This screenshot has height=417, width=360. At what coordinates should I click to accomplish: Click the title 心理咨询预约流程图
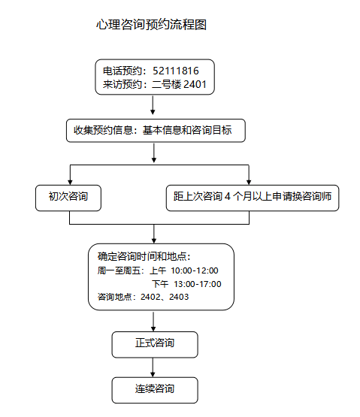tap(151, 25)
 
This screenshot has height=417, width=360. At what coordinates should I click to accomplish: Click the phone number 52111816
tap(176, 71)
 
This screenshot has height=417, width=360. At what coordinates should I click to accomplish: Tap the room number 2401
tap(195, 84)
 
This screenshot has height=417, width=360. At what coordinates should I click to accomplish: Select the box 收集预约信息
tap(156, 130)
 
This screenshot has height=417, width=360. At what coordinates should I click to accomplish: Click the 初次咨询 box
tap(68, 198)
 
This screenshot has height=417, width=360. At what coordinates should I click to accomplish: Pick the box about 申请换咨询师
tap(253, 198)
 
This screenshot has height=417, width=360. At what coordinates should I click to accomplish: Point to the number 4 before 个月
tap(227, 197)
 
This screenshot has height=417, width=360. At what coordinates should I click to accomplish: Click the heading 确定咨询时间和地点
tap(144, 257)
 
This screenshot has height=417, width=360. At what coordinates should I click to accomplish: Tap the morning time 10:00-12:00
tap(195, 270)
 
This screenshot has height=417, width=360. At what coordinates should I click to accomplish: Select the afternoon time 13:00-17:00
tap(198, 284)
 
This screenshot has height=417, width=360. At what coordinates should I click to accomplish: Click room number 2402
tap(150, 297)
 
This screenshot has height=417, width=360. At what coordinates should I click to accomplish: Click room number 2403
tap(179, 297)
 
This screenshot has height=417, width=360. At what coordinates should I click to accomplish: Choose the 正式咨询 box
tap(155, 344)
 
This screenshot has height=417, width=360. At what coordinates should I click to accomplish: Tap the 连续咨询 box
tap(155, 390)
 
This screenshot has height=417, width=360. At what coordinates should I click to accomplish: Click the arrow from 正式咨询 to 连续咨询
tap(153, 367)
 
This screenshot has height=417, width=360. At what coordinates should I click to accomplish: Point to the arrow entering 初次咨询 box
tap(70, 175)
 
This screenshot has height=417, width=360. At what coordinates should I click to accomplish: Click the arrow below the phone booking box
tap(153, 105)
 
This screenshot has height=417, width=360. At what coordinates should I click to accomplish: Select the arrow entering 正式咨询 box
tap(153, 322)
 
